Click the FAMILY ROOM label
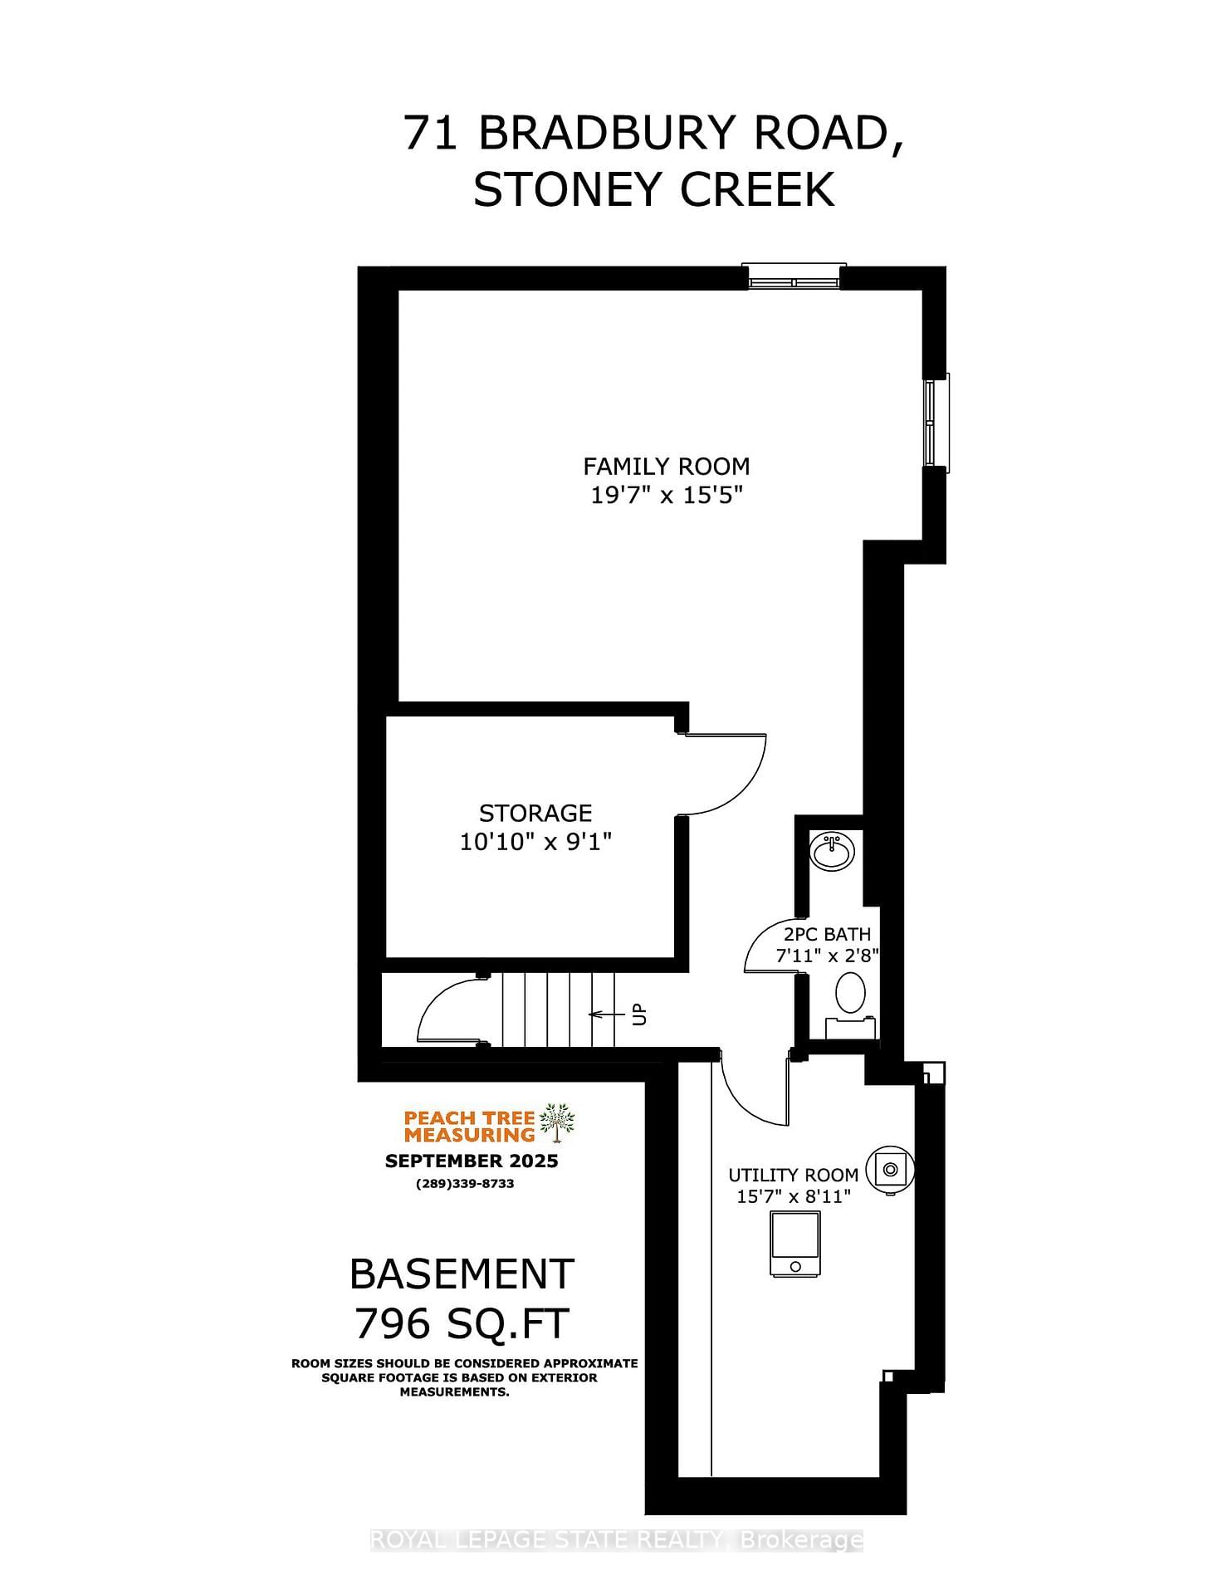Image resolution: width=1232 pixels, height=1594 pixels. pos(666,467)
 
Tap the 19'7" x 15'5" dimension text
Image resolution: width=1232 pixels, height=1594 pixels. pos(666,496)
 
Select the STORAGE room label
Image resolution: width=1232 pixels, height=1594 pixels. pos(535,813)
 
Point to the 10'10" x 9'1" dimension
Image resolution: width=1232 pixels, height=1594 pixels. pos(535,842)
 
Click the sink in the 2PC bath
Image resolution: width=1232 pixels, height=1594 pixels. pos(832,852)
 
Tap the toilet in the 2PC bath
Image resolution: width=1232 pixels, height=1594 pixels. pos(850,993)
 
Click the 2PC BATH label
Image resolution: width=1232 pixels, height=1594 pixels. pos(827,934)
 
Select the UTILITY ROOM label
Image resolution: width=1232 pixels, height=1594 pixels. pos(793,1175)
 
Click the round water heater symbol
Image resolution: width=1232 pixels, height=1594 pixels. pos(890,1170)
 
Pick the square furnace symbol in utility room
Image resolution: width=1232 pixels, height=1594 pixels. pos(795,1243)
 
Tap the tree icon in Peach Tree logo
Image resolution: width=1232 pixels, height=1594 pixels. pos(557,1123)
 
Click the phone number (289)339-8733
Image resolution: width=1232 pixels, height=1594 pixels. pos(465,1184)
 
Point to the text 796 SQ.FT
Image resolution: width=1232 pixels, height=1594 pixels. pos(462,1323)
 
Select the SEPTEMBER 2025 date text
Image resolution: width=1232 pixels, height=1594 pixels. pos(471,1161)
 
